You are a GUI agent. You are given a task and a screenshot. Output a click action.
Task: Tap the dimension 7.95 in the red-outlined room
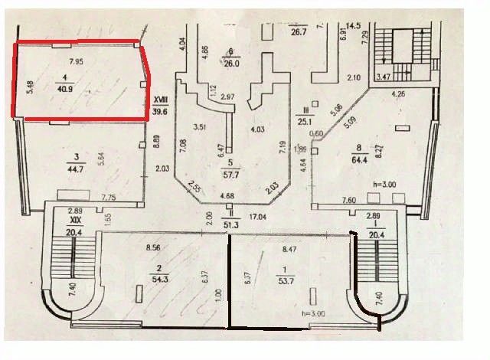[x=76, y=61]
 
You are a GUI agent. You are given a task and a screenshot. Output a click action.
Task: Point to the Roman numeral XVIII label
[x=161, y=100]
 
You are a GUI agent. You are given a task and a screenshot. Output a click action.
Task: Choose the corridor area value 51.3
[x=229, y=224]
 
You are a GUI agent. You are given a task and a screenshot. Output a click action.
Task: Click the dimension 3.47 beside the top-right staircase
[x=383, y=77]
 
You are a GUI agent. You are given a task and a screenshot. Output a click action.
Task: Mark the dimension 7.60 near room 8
[x=348, y=201]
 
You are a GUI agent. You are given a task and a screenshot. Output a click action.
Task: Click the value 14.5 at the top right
[x=352, y=26]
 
